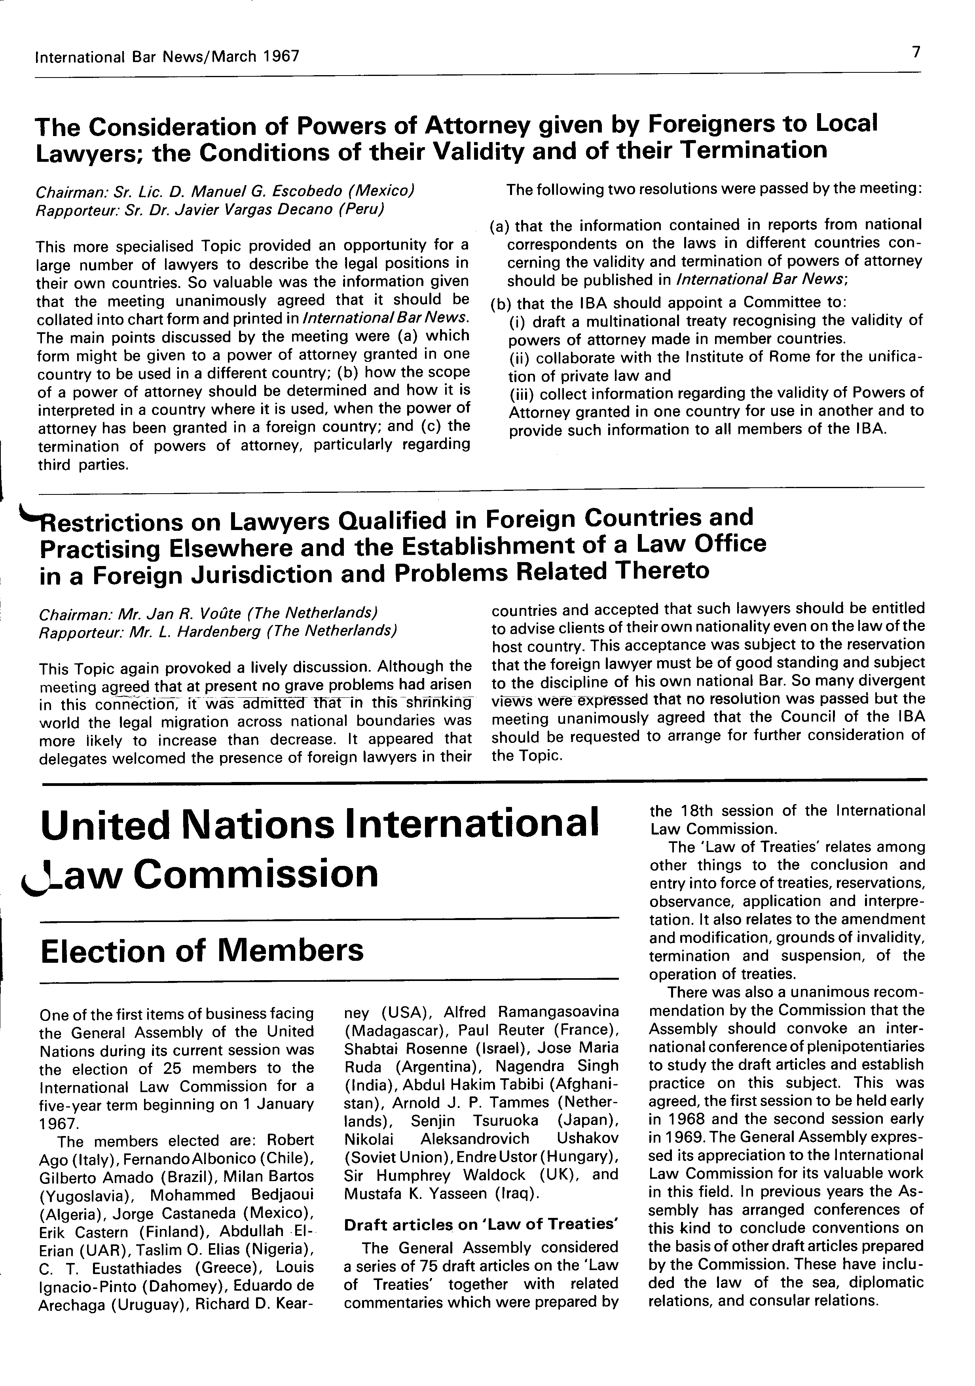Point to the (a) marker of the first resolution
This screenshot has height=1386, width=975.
[x=499, y=226]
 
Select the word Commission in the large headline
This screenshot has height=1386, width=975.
[x=256, y=875]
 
